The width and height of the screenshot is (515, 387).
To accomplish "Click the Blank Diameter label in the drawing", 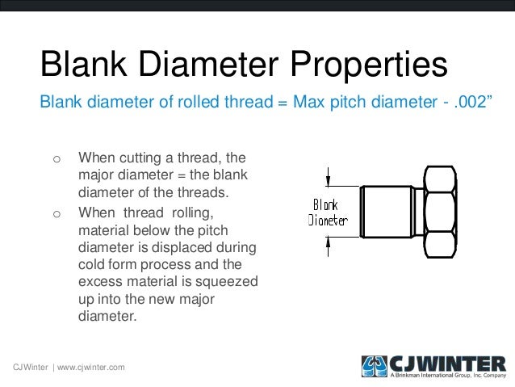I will pyautogui.click(x=328, y=212).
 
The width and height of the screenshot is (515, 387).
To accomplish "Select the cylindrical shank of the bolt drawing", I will pyautogui.click(x=391, y=212).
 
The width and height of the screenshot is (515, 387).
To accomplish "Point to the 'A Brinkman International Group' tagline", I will pyautogui.click(x=447, y=376).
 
